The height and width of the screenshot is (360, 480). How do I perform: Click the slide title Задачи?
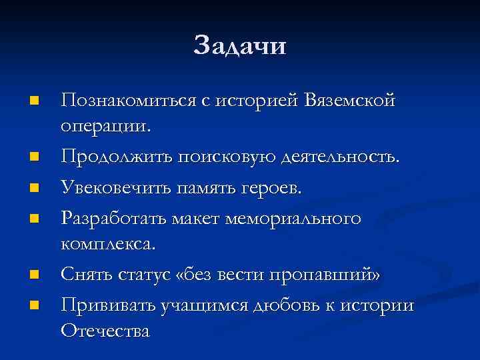(x=240, y=47)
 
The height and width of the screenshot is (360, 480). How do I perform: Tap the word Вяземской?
(x=350, y=100)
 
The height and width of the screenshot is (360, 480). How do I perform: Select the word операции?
(x=106, y=125)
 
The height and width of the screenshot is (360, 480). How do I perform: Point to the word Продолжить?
(x=113, y=157)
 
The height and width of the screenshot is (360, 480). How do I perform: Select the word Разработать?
(x=113, y=218)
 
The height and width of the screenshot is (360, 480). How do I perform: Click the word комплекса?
(x=108, y=243)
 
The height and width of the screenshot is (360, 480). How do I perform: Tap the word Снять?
(x=83, y=275)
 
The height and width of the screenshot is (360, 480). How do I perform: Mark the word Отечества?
(x=105, y=330)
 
